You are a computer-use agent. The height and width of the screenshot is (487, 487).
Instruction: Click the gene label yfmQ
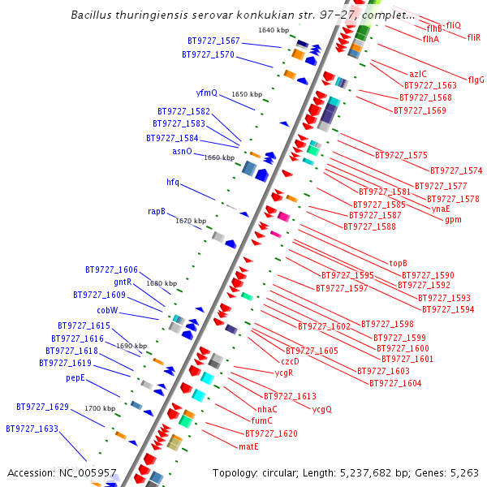tap(207, 93)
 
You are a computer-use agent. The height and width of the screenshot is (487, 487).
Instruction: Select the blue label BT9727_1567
tap(213, 41)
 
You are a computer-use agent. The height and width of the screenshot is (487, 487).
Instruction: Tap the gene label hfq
tap(173, 182)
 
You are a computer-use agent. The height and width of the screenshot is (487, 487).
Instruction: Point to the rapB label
tap(157, 211)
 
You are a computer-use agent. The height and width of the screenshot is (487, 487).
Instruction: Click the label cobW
tap(108, 310)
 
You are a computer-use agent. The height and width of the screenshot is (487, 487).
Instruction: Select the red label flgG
tap(476, 80)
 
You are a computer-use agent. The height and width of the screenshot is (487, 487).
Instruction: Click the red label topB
tap(398, 263)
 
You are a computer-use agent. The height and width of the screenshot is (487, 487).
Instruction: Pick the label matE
tap(248, 446)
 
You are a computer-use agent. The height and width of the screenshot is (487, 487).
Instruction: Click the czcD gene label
tap(290, 361)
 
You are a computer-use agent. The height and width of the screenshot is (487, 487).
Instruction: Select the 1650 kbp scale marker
tap(247, 94)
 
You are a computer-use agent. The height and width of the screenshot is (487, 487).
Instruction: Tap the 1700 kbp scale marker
tap(100, 408)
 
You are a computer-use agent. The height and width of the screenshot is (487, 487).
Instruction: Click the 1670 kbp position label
tap(191, 221)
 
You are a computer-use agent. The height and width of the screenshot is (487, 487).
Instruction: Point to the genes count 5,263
tap(464, 472)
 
